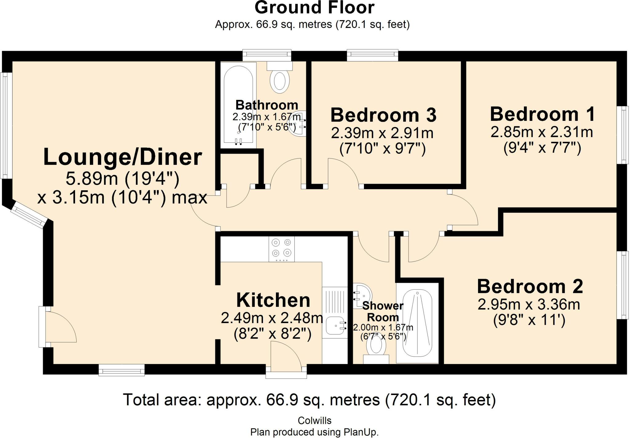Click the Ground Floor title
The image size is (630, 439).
click(x=314, y=8)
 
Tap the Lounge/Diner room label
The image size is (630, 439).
click(x=122, y=157)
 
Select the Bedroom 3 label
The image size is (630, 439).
click(x=383, y=115)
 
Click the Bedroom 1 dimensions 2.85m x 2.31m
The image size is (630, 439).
click(x=542, y=132)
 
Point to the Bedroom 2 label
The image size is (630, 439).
click(x=530, y=286)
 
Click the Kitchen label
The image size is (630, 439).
click(x=273, y=300)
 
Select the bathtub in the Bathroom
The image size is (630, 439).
click(x=238, y=105)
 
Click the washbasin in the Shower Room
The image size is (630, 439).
click(x=362, y=295)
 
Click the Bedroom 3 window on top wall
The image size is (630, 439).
click(x=373, y=55)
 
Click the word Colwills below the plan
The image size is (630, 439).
click(x=314, y=420)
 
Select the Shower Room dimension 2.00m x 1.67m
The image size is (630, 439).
click(x=383, y=328)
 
